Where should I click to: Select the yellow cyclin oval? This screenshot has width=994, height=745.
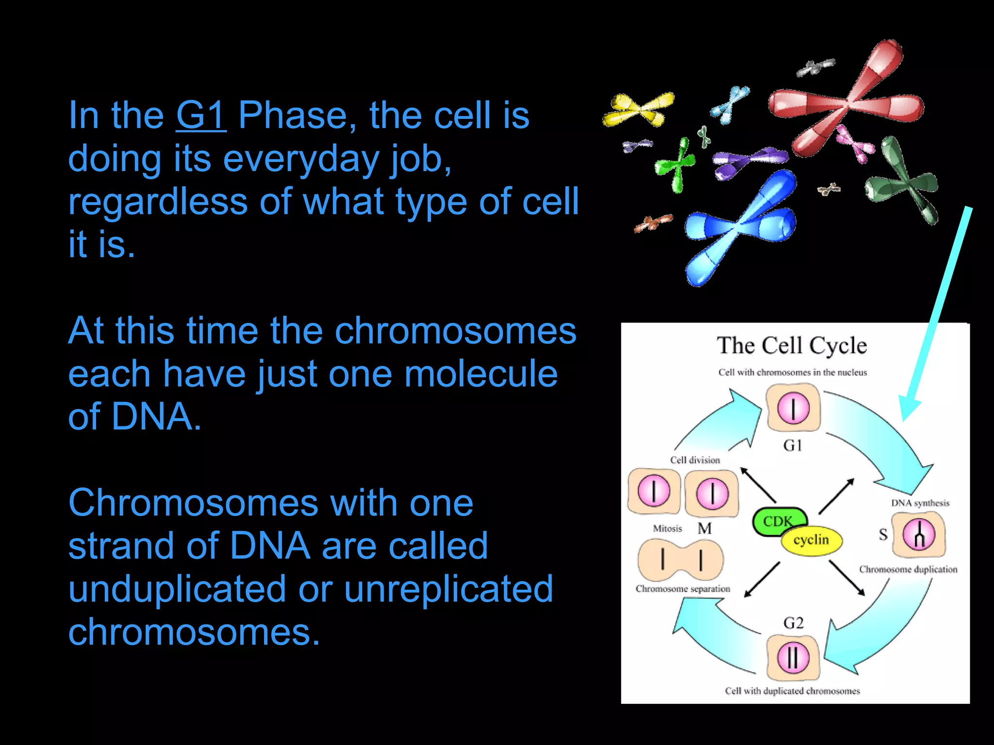tap(812, 540)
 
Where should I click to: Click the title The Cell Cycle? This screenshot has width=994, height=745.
tap(792, 346)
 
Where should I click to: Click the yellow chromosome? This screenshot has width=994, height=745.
tap(638, 109)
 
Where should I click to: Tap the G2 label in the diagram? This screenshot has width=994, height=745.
tap(793, 623)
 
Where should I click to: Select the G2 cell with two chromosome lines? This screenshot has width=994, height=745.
tap(793, 658)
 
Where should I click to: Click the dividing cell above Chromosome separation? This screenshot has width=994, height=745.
tap(680, 560)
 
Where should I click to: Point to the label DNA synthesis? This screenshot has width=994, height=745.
tap(920, 503)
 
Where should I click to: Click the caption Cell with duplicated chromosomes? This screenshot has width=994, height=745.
tap(792, 691)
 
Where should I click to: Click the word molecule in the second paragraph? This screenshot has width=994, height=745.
tap(480, 374)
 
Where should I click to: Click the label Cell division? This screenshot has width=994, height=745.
tap(695, 460)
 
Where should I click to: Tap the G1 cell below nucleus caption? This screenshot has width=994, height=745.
tap(793, 407)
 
